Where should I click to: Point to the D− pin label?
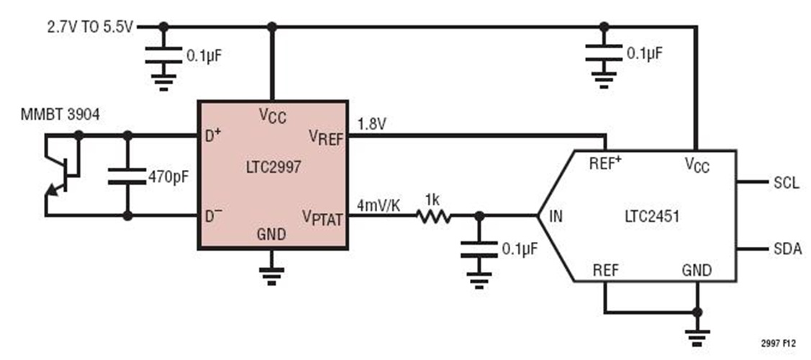click(213, 215)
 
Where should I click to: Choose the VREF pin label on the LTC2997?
click(327, 137)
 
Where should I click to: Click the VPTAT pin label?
click(322, 217)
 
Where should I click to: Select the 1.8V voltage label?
click(371, 123)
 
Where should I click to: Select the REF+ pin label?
click(605, 163)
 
